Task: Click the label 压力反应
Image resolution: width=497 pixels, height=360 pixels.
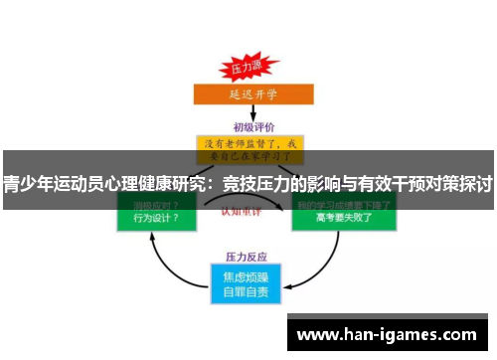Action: pyautogui.click(x=248, y=255)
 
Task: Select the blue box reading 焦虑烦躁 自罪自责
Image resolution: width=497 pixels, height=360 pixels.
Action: pyautogui.click(x=248, y=282)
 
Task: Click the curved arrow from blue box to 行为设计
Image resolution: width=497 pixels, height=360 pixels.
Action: pyautogui.click(x=164, y=265)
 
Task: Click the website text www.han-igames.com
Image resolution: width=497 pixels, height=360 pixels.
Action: pyautogui.click(x=391, y=335)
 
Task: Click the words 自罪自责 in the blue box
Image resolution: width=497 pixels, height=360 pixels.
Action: pyautogui.click(x=248, y=291)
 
